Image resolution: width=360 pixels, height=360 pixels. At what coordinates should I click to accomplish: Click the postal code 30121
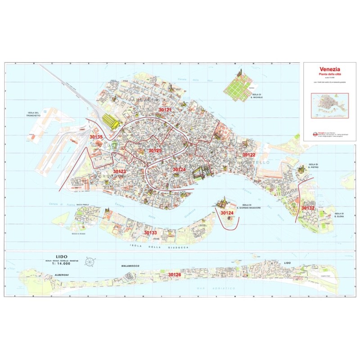tap(166, 110)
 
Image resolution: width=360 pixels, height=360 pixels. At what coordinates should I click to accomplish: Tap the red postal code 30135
tap(96, 136)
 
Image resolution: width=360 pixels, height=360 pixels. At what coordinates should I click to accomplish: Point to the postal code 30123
tap(119, 171)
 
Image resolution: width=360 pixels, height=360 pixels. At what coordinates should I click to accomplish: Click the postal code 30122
tap(249, 155)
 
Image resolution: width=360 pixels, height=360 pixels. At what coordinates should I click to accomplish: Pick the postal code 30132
tap(308, 208)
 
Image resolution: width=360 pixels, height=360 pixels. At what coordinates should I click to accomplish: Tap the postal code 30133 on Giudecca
tap(150, 233)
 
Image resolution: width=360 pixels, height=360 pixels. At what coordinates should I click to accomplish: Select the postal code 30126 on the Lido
tap(174, 274)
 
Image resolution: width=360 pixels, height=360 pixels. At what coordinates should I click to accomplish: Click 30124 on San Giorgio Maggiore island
tap(227, 212)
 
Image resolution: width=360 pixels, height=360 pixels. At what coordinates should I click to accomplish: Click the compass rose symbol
tap(90, 261)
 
